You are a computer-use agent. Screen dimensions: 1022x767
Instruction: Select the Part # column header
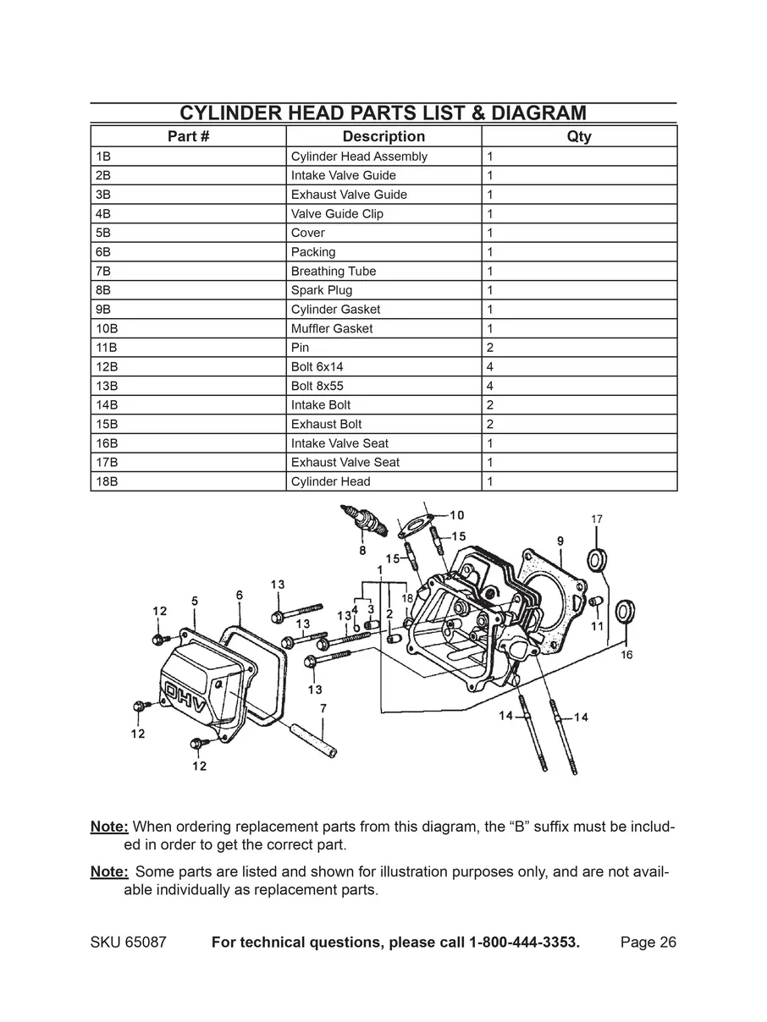pos(188,136)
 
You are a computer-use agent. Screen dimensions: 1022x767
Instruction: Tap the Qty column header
pos(579,136)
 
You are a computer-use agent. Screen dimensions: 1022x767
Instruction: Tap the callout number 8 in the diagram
pos(362,551)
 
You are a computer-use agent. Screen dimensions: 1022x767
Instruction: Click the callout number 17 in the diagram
pos(597,519)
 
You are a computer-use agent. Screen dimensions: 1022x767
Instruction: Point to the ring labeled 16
pos(626,612)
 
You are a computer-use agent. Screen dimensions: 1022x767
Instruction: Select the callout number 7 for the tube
pos(323,707)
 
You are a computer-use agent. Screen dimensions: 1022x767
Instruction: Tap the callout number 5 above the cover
pos(195,600)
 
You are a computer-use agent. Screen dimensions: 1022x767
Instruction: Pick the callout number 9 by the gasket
pos(560,540)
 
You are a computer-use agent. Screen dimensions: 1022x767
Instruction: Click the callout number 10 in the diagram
pos(456,514)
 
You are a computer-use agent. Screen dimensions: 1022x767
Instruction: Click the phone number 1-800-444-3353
pos(524,942)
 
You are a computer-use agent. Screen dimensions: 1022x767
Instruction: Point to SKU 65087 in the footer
pos(128,942)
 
